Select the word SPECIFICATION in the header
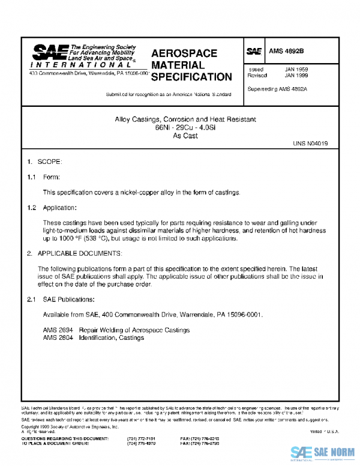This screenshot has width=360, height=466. [x=191, y=77]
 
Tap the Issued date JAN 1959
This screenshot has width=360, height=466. [x=296, y=70]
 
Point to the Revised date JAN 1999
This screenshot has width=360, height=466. [x=296, y=76]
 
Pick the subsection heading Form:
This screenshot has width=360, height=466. [x=52, y=177]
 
